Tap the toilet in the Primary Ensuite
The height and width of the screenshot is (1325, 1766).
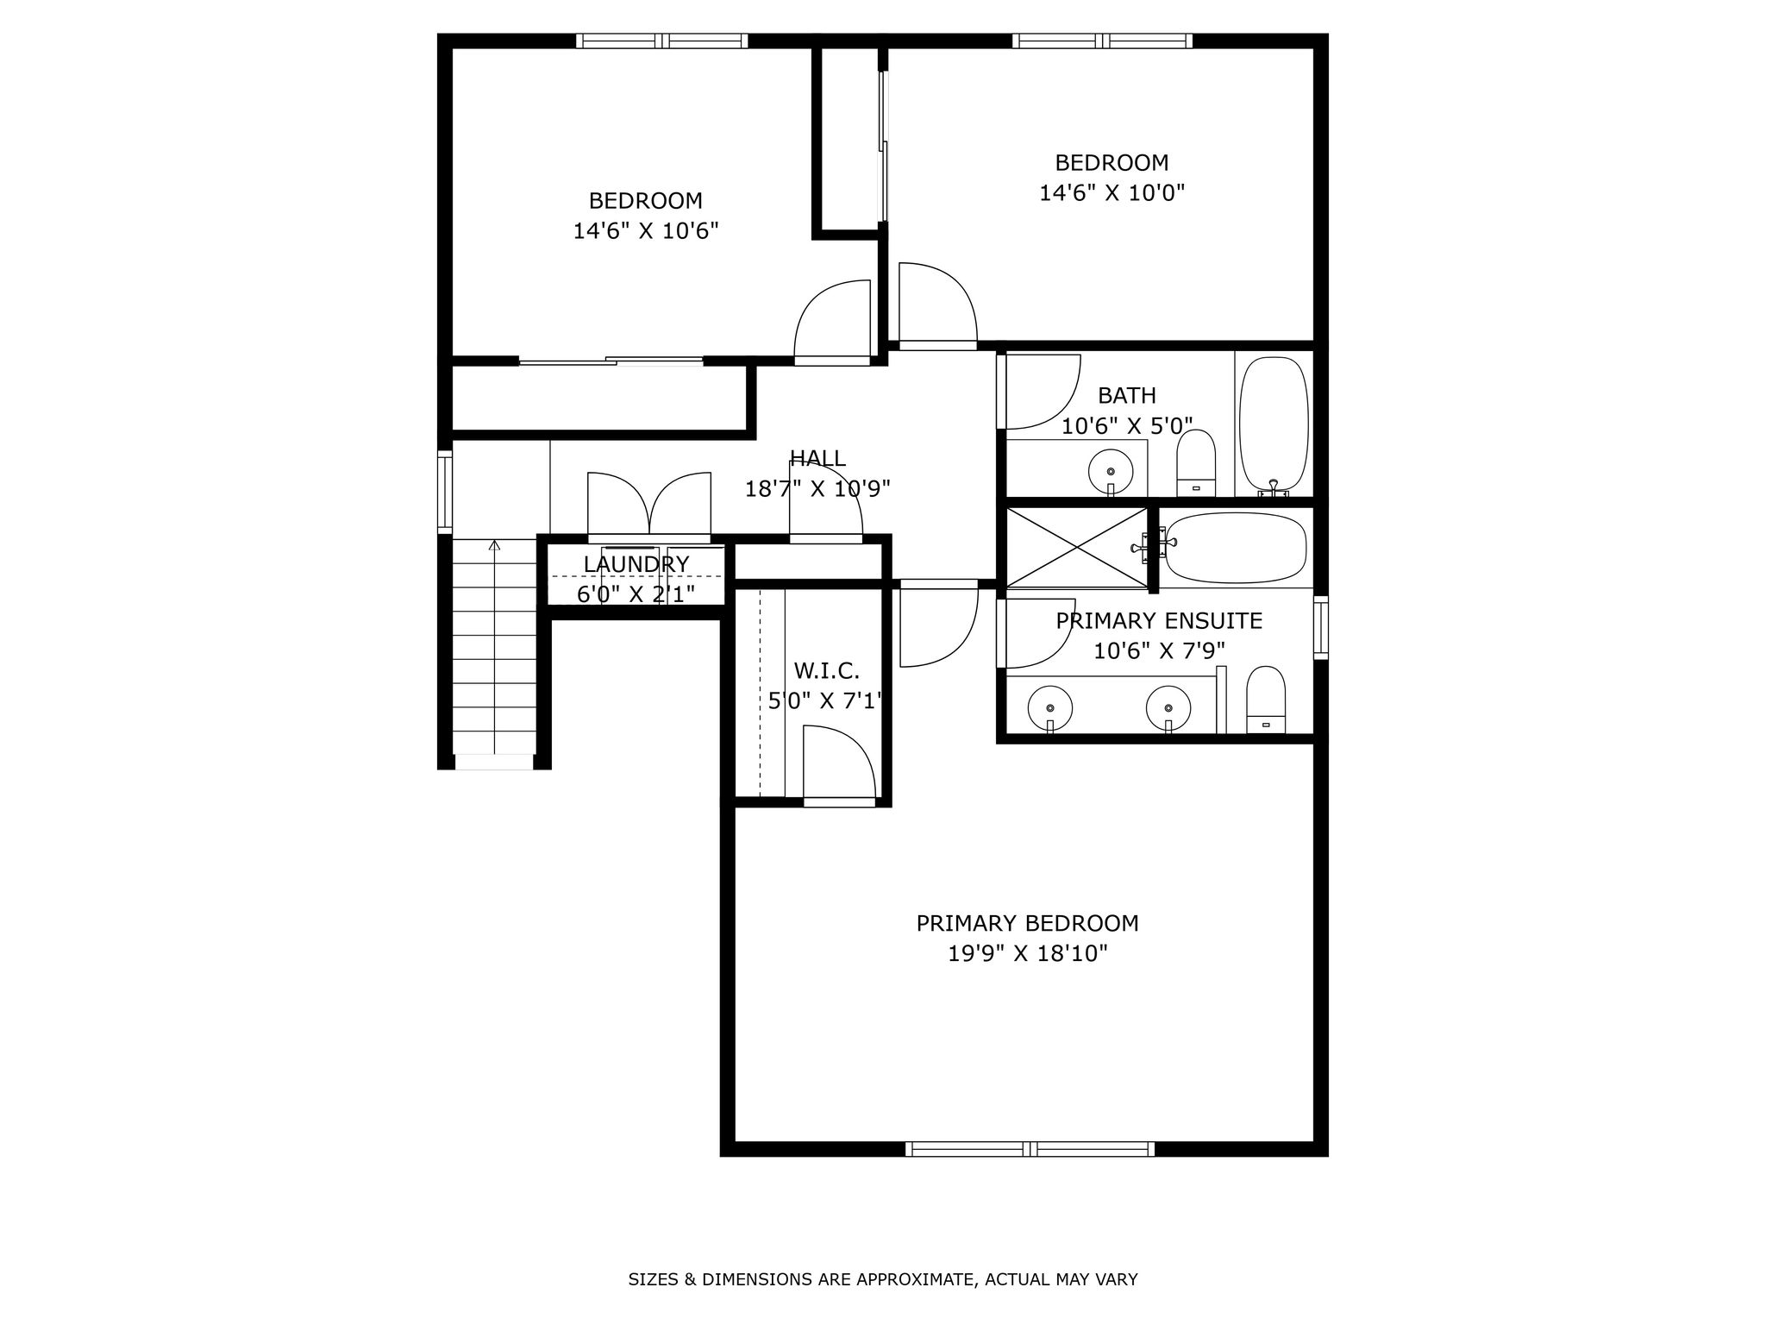point(1266,700)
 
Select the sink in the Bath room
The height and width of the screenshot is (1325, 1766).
point(1111,471)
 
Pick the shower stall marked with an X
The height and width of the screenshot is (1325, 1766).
point(1077,548)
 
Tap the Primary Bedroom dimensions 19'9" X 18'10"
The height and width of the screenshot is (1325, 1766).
point(1027,953)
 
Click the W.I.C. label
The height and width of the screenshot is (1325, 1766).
point(826,670)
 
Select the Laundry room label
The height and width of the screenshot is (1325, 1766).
point(636,564)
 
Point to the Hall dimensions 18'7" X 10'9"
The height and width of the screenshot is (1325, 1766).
point(817,489)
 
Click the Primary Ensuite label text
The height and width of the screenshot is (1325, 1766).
point(1159,620)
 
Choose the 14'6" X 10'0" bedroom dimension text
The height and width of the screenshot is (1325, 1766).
point(1112,192)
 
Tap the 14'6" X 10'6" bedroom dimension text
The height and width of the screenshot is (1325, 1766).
point(646,230)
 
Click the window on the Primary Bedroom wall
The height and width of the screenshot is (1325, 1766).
point(1030,1148)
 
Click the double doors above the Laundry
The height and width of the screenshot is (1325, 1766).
point(649,507)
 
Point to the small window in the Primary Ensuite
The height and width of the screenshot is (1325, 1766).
point(1320,627)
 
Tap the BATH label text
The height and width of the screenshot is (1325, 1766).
point(1127,395)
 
